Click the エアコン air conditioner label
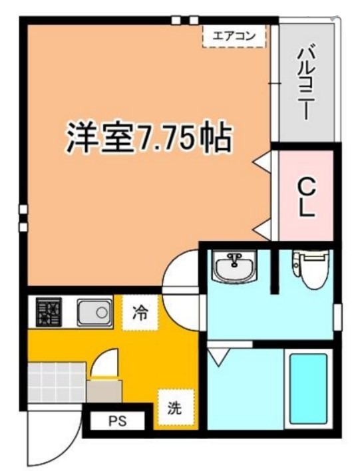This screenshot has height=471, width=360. tap(234, 36)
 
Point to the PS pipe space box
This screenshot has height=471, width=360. tap(116, 420)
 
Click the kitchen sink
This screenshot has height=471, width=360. tap(93, 311)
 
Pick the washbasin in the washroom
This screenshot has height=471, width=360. tap(234, 267)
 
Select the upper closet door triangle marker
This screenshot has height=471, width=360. tap(262, 160)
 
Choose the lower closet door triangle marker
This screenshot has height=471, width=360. tap(262, 230)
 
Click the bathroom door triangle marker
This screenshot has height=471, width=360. tap(217, 358)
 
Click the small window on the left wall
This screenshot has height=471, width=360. tap(24, 218)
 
